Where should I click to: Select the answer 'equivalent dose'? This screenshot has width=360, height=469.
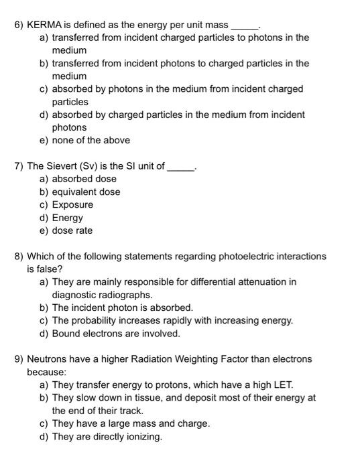tap(86, 192)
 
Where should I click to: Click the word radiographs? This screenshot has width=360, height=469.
tap(127, 295)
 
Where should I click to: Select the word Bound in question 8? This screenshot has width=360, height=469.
tap(66, 333)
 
